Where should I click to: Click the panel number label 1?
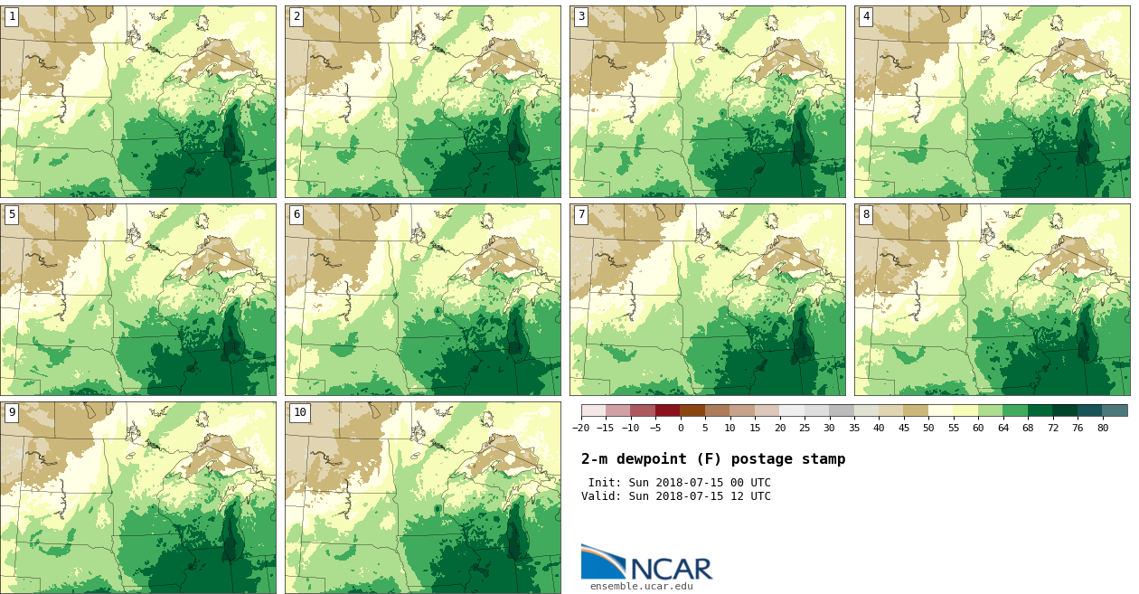tap(12, 16)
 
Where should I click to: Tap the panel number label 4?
tap(866, 16)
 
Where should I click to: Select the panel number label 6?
tap(297, 214)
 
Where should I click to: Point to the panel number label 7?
tap(581, 214)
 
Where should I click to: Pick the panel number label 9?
tap(12, 412)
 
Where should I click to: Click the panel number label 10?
tap(299, 412)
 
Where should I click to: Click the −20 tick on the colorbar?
tap(581, 428)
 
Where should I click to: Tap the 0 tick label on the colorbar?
tap(681, 428)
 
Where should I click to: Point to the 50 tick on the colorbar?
tap(928, 428)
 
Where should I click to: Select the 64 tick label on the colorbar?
tap(1003, 428)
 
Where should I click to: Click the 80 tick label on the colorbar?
tap(1102, 428)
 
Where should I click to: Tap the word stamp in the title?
tap(824, 459)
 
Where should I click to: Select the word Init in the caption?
tap(603, 483)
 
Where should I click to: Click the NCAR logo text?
tap(671, 570)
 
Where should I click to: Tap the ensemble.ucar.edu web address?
tap(641, 587)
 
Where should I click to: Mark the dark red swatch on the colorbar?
tap(667, 410)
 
